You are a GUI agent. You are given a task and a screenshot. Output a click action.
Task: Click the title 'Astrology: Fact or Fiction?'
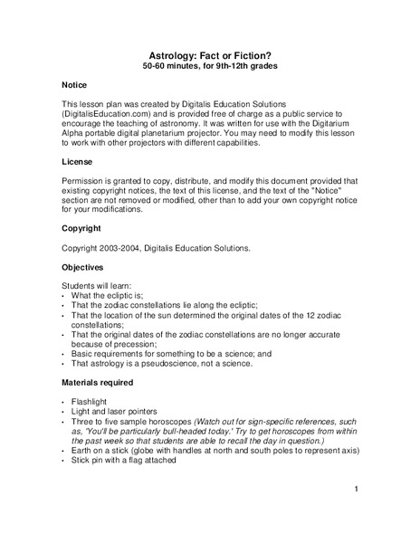click(x=210, y=54)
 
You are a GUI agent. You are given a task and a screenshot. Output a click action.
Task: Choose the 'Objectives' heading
click(x=83, y=268)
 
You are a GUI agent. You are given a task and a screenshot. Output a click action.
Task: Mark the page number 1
click(x=358, y=490)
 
